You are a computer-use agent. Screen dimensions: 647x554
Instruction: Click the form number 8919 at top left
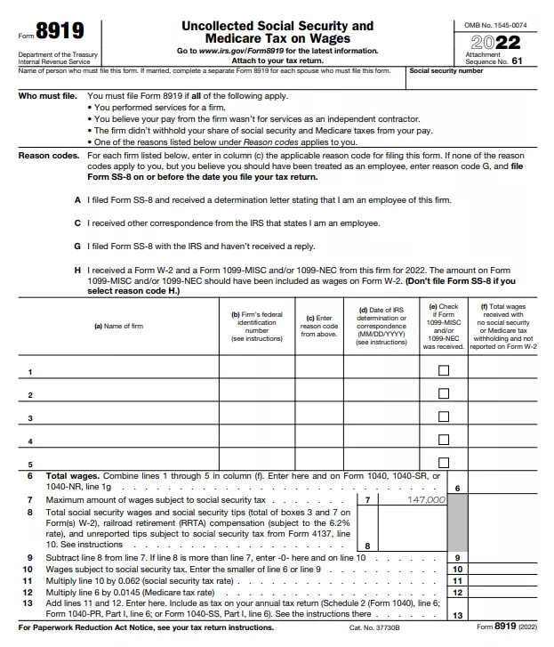[60, 32]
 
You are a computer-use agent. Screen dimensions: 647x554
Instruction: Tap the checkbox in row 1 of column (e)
[443, 370]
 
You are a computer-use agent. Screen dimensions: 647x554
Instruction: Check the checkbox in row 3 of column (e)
[443, 417]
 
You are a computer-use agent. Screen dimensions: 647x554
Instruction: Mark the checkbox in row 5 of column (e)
[443, 463]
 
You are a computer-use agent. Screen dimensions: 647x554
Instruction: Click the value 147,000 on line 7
[425, 500]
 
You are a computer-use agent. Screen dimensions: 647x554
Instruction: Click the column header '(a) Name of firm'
[118, 326]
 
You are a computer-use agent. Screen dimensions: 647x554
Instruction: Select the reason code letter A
[78, 199]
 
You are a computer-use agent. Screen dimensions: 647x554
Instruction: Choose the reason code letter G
[78, 246]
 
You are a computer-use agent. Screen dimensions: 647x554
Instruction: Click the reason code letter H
[78, 269]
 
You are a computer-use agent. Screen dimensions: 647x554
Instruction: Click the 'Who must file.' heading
[48, 95]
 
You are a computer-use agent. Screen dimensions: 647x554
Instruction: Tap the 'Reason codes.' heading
[49, 155]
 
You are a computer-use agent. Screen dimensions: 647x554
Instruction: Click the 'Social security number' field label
[446, 70]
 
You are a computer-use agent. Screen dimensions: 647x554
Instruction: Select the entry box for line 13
[503, 613]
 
